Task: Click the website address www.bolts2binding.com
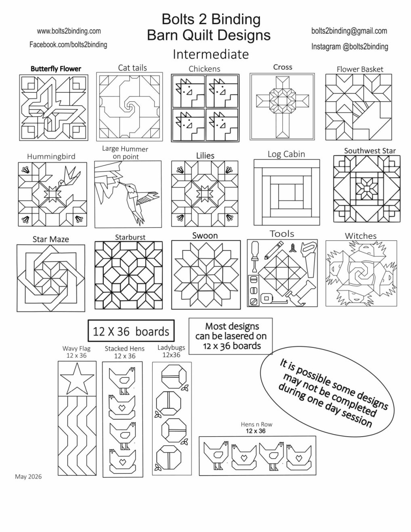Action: click(69, 31)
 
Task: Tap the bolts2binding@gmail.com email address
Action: click(349, 31)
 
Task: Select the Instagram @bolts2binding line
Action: click(350, 46)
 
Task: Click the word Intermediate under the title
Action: click(211, 54)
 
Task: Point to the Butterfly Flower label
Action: click(56, 69)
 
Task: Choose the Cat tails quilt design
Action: click(130, 107)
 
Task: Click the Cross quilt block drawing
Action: click(282, 107)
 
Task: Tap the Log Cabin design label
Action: click(286, 154)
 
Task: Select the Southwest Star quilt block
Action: click(367, 189)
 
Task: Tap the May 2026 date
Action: click(28, 476)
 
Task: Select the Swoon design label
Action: click(205, 236)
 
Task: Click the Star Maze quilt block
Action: click(51, 278)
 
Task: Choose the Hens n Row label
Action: click(256, 424)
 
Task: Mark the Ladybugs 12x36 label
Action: click(171, 351)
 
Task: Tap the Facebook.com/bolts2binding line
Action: click(68, 44)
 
